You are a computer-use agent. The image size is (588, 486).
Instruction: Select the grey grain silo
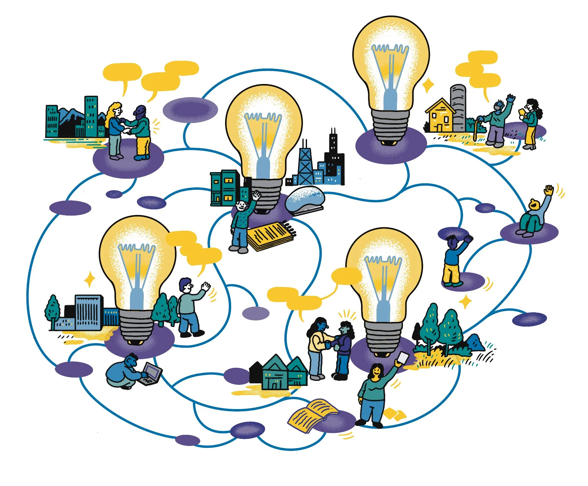[458, 107]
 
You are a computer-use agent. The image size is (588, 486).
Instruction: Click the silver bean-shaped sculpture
[305, 198]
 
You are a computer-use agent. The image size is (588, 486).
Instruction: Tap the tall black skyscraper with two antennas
[334, 155]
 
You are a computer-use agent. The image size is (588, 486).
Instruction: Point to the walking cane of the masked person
[475, 130]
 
